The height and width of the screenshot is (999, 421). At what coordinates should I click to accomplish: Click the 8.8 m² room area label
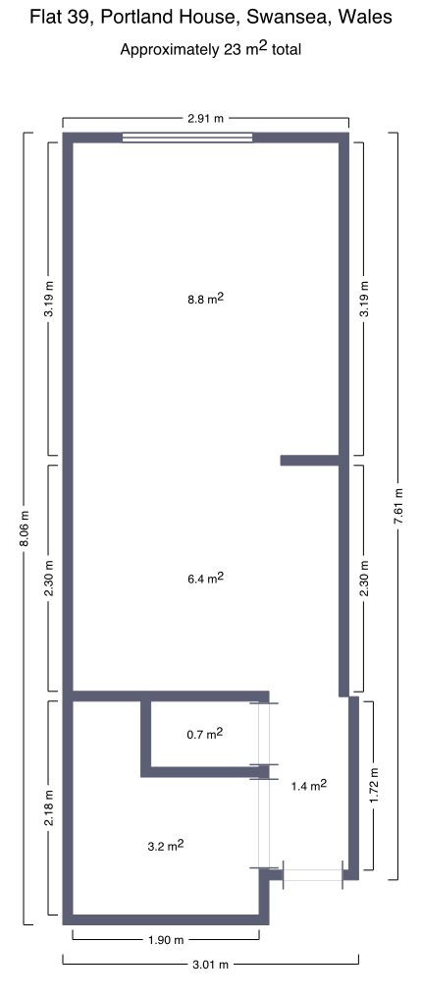pyautogui.click(x=204, y=299)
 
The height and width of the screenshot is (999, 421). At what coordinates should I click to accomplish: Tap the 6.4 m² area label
pyautogui.click(x=204, y=579)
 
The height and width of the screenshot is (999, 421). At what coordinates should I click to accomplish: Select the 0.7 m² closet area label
pyautogui.click(x=204, y=734)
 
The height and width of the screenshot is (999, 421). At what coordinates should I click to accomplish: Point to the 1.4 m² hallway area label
pyautogui.click(x=309, y=786)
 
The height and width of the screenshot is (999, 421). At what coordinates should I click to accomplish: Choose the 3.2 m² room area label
pyautogui.click(x=166, y=846)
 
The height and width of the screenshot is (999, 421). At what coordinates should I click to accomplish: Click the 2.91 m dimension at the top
pyautogui.click(x=206, y=119)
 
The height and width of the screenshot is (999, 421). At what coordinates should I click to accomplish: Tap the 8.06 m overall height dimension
pyautogui.click(x=25, y=528)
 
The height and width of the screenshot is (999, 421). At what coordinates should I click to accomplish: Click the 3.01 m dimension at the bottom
pyautogui.click(x=210, y=965)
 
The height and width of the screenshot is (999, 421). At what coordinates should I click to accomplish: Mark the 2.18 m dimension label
pyautogui.click(x=49, y=807)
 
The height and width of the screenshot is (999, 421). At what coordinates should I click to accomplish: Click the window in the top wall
pyautogui.click(x=187, y=137)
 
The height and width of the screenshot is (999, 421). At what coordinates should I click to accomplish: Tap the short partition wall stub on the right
pyautogui.click(x=309, y=460)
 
